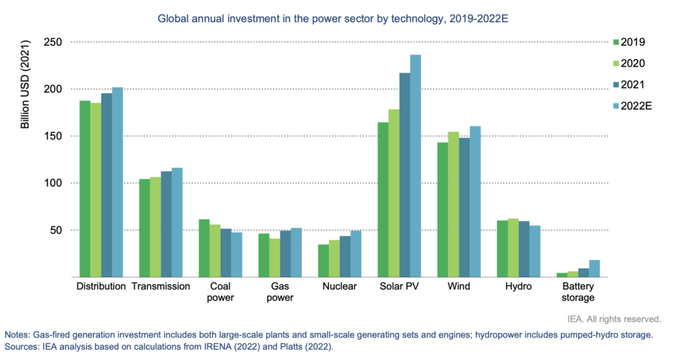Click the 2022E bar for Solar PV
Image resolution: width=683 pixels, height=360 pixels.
(416, 166)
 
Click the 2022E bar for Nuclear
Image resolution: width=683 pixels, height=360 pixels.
(356, 254)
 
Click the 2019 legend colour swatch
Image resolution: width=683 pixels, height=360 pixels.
(616, 43)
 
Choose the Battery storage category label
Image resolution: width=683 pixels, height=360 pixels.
(578, 292)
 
